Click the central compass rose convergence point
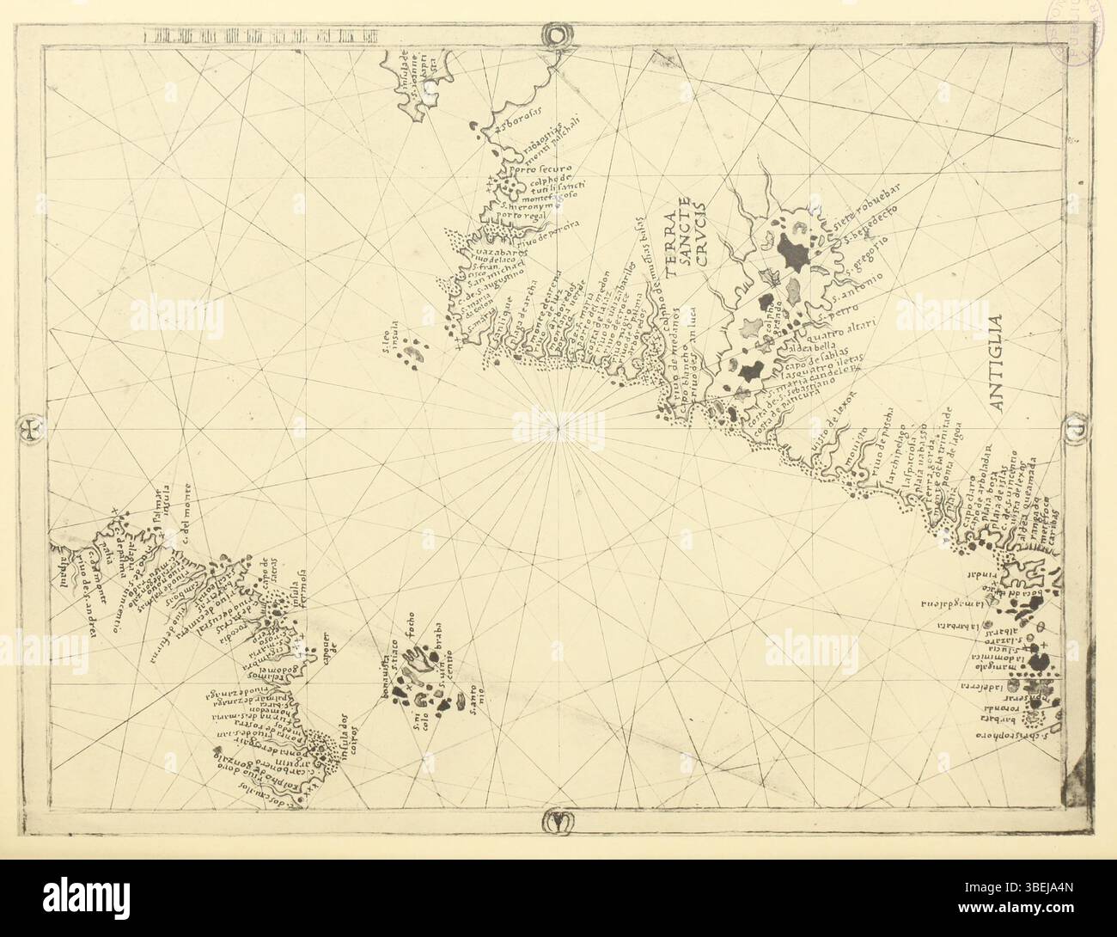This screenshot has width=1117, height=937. [x=558, y=427]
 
